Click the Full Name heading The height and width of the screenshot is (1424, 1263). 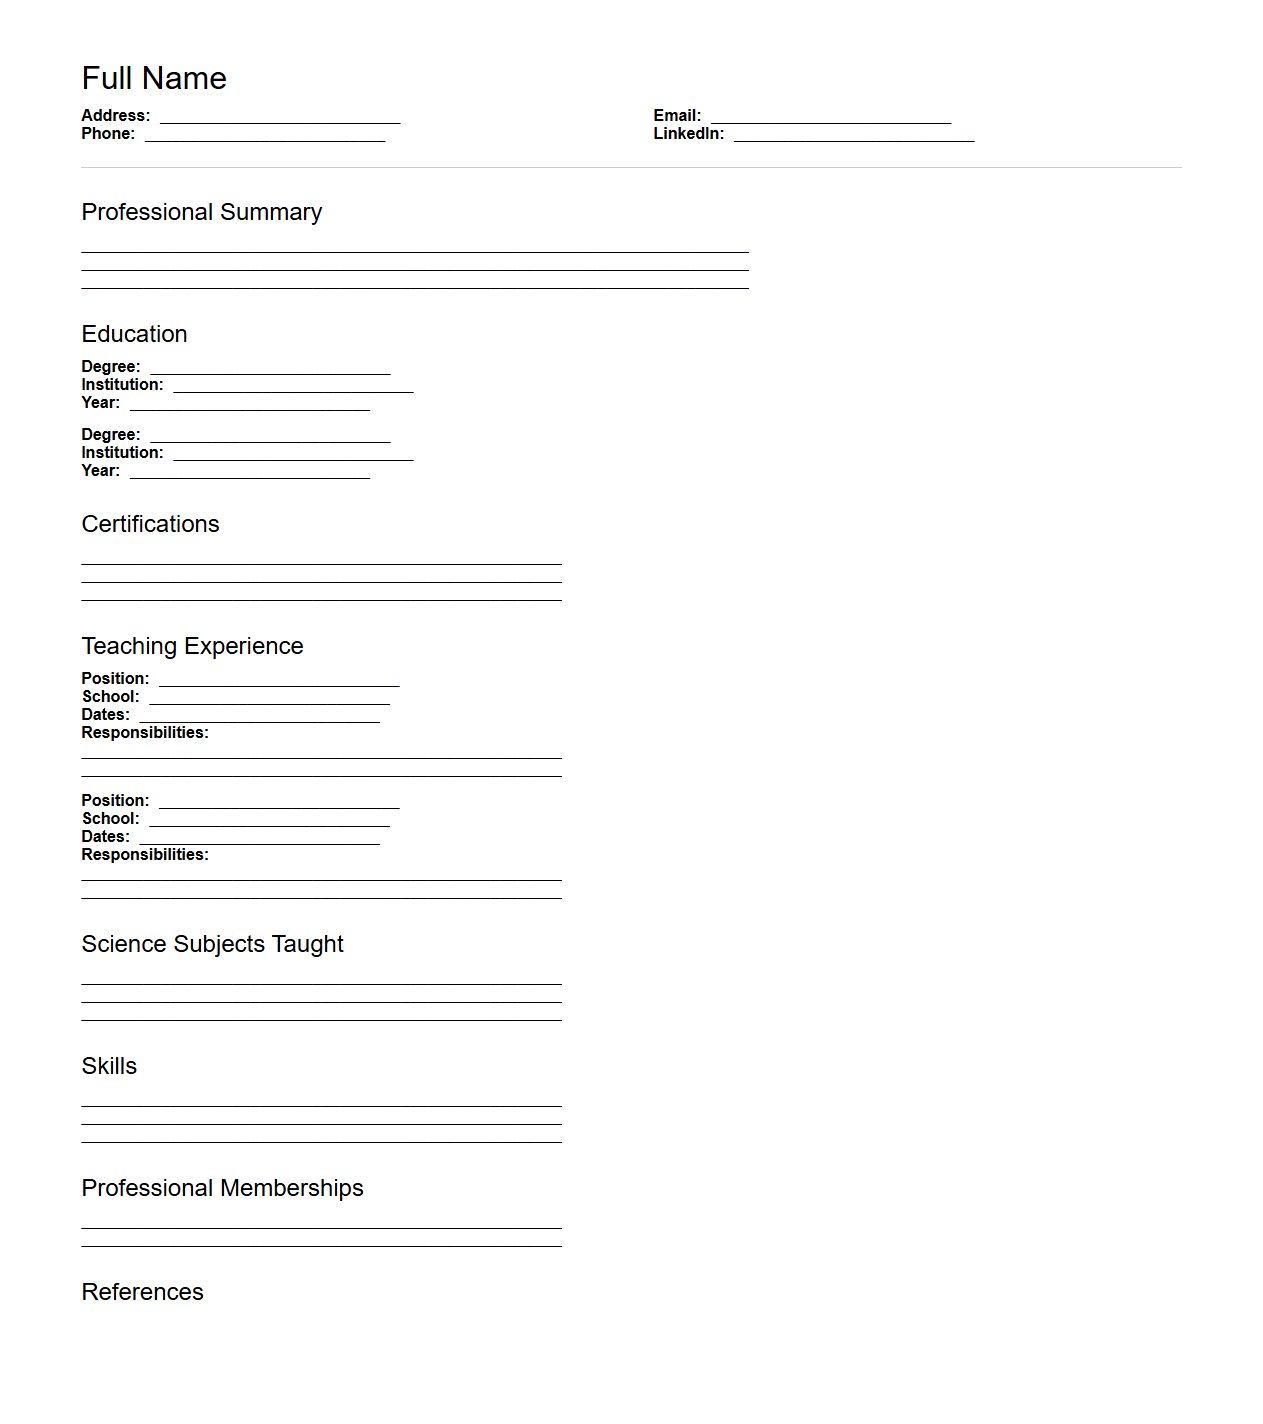[x=154, y=78]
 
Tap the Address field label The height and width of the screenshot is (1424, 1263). [x=115, y=116]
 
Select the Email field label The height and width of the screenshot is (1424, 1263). [x=677, y=116]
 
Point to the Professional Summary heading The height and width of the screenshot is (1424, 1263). [x=201, y=212]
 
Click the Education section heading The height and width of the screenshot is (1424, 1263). [x=134, y=334]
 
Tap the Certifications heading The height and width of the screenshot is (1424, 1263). [x=150, y=524]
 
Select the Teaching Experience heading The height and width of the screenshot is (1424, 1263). [x=192, y=646]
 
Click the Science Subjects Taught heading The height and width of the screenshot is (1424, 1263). [x=212, y=944]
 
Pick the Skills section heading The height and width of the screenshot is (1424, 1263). [x=109, y=1066]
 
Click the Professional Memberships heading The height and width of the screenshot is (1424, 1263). [x=222, y=1188]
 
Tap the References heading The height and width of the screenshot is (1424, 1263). [x=142, y=1292]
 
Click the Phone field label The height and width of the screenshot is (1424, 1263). [x=108, y=134]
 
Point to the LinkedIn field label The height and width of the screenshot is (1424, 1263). [x=688, y=134]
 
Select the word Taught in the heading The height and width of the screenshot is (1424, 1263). [x=307, y=944]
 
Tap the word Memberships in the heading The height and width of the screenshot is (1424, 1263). [x=291, y=1188]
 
